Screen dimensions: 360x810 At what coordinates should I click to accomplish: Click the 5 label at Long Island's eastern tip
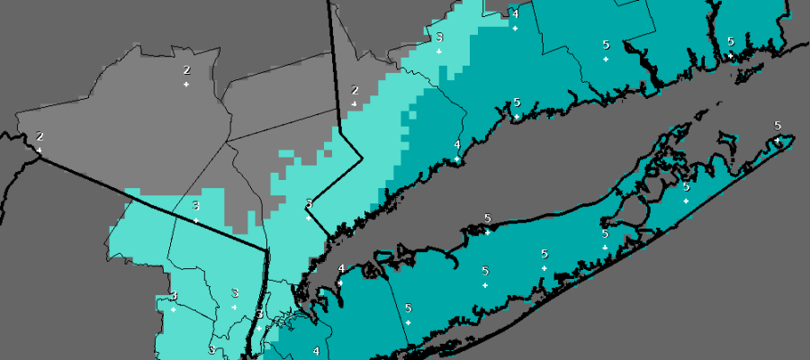[x=778, y=125]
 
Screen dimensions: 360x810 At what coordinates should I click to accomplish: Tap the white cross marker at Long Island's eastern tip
[x=778, y=139]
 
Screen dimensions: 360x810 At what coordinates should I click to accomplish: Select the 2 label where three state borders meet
[x=40, y=137]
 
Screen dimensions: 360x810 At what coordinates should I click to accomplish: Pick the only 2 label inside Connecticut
[x=355, y=90]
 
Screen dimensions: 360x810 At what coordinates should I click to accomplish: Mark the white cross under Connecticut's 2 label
[x=355, y=104]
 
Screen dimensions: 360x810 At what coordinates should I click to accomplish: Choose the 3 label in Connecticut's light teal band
[x=439, y=38]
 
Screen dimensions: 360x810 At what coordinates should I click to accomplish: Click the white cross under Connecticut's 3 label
[x=439, y=51]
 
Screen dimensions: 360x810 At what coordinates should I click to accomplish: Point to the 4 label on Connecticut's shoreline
[x=457, y=145]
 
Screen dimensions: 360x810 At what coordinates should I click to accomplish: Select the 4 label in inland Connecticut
[x=515, y=13]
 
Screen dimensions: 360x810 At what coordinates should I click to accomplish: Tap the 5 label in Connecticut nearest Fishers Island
[x=730, y=41]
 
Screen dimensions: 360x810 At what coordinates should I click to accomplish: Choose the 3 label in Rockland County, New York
[x=195, y=206]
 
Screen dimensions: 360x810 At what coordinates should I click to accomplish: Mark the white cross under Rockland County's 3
[x=195, y=220]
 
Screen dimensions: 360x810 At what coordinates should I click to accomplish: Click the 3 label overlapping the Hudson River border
[x=259, y=314]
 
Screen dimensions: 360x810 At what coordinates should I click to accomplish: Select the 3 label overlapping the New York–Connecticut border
[x=309, y=203]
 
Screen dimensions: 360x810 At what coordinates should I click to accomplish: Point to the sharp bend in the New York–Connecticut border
[x=361, y=158]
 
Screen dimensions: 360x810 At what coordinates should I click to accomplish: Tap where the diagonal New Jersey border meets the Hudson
[x=266, y=250]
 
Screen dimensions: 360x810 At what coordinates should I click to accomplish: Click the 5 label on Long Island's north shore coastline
[x=487, y=219]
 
